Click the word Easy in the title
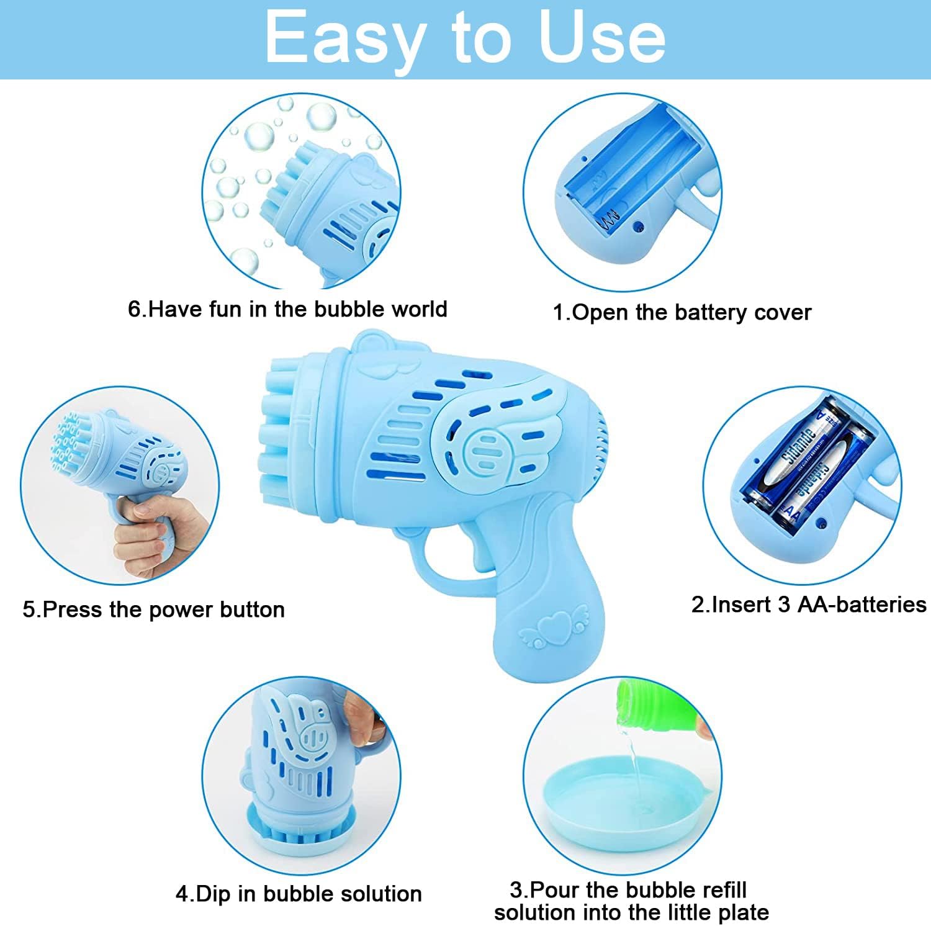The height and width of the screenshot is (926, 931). (344, 39)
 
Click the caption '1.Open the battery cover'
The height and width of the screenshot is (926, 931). (681, 312)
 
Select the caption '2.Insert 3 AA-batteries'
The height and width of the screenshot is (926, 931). (809, 604)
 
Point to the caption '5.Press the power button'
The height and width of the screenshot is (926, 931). (154, 609)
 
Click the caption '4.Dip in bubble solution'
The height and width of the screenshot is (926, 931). (299, 894)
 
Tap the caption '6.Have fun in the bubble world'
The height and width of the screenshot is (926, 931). (287, 309)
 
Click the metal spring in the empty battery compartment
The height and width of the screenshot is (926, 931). (609, 218)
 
